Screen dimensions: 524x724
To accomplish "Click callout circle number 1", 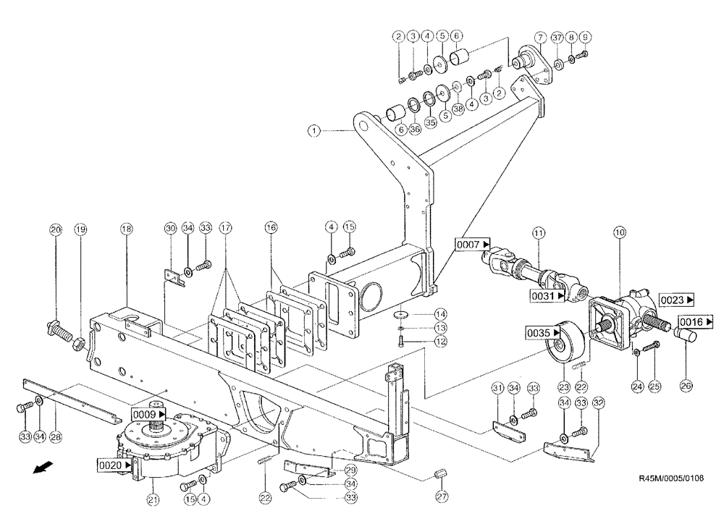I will pos(313,131).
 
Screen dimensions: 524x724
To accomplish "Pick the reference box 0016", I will pos(696,321).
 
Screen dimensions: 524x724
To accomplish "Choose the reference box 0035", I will pos(544,332).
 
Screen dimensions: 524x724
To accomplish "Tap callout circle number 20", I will pos(56,229).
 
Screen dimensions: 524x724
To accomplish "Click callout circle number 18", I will pos(127,229).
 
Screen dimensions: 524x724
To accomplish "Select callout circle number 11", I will pos(538,232).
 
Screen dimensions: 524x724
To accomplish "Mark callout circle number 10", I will pos(620,232).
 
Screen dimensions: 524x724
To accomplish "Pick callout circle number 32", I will pos(598,402).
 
